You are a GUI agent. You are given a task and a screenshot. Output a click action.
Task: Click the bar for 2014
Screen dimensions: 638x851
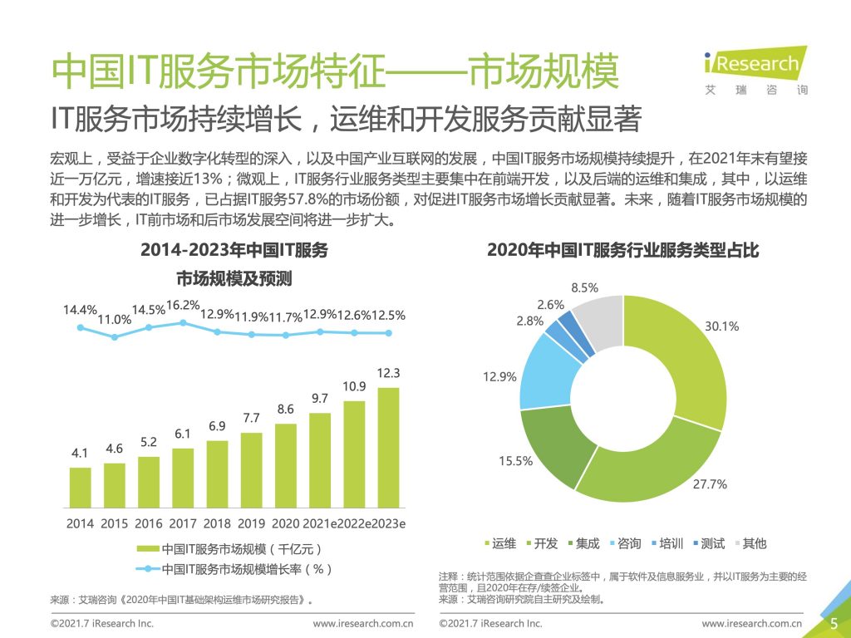81,488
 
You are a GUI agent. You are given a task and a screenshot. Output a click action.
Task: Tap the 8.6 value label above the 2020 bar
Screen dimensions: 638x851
285,409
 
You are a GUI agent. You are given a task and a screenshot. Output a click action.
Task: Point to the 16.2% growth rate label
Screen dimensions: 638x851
183,305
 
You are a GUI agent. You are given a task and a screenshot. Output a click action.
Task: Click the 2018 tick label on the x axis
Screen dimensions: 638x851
217,524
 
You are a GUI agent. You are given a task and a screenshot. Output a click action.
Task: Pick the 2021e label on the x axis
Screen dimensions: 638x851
320,524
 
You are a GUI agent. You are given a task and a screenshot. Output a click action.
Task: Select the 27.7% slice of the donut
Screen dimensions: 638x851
648,465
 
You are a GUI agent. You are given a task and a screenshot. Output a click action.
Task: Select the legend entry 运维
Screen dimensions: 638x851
499,543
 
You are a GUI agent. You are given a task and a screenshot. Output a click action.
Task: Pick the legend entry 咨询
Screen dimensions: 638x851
624,543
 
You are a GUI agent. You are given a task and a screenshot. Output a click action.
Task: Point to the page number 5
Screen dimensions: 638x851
834,622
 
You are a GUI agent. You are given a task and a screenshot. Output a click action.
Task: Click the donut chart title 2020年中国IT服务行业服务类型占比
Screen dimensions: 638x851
622,250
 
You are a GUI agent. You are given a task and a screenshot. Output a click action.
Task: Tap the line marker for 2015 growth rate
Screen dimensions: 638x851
115,336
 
